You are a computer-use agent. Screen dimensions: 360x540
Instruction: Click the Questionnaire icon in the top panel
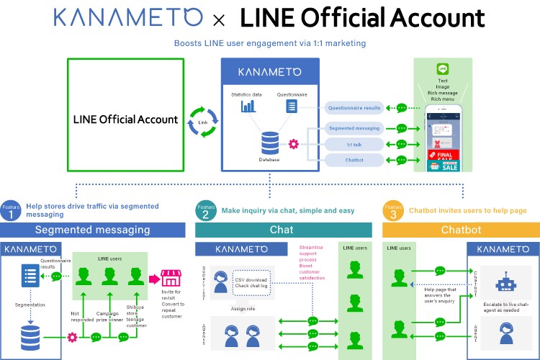pyautogui.click(x=292, y=106)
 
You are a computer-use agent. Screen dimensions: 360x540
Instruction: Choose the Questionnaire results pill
pyautogui.click(x=354, y=108)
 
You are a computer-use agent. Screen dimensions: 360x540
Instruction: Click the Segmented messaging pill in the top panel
pyautogui.click(x=354, y=128)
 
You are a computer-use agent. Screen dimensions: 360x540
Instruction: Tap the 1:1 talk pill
pyautogui.click(x=354, y=144)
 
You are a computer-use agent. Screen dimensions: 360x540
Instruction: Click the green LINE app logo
pyautogui.click(x=443, y=70)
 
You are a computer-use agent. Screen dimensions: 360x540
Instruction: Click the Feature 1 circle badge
pyautogui.click(x=10, y=210)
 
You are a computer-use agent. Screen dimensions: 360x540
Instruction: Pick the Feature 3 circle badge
pyautogui.click(x=393, y=210)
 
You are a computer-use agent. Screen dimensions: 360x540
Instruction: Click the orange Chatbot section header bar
pyautogui.click(x=461, y=230)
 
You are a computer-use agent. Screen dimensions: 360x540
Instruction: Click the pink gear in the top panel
pyautogui.click(x=293, y=144)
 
